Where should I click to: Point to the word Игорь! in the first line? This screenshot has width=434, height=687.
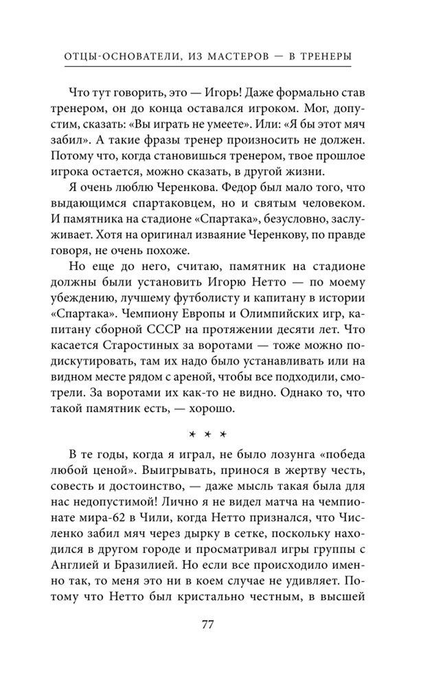click(237, 92)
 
